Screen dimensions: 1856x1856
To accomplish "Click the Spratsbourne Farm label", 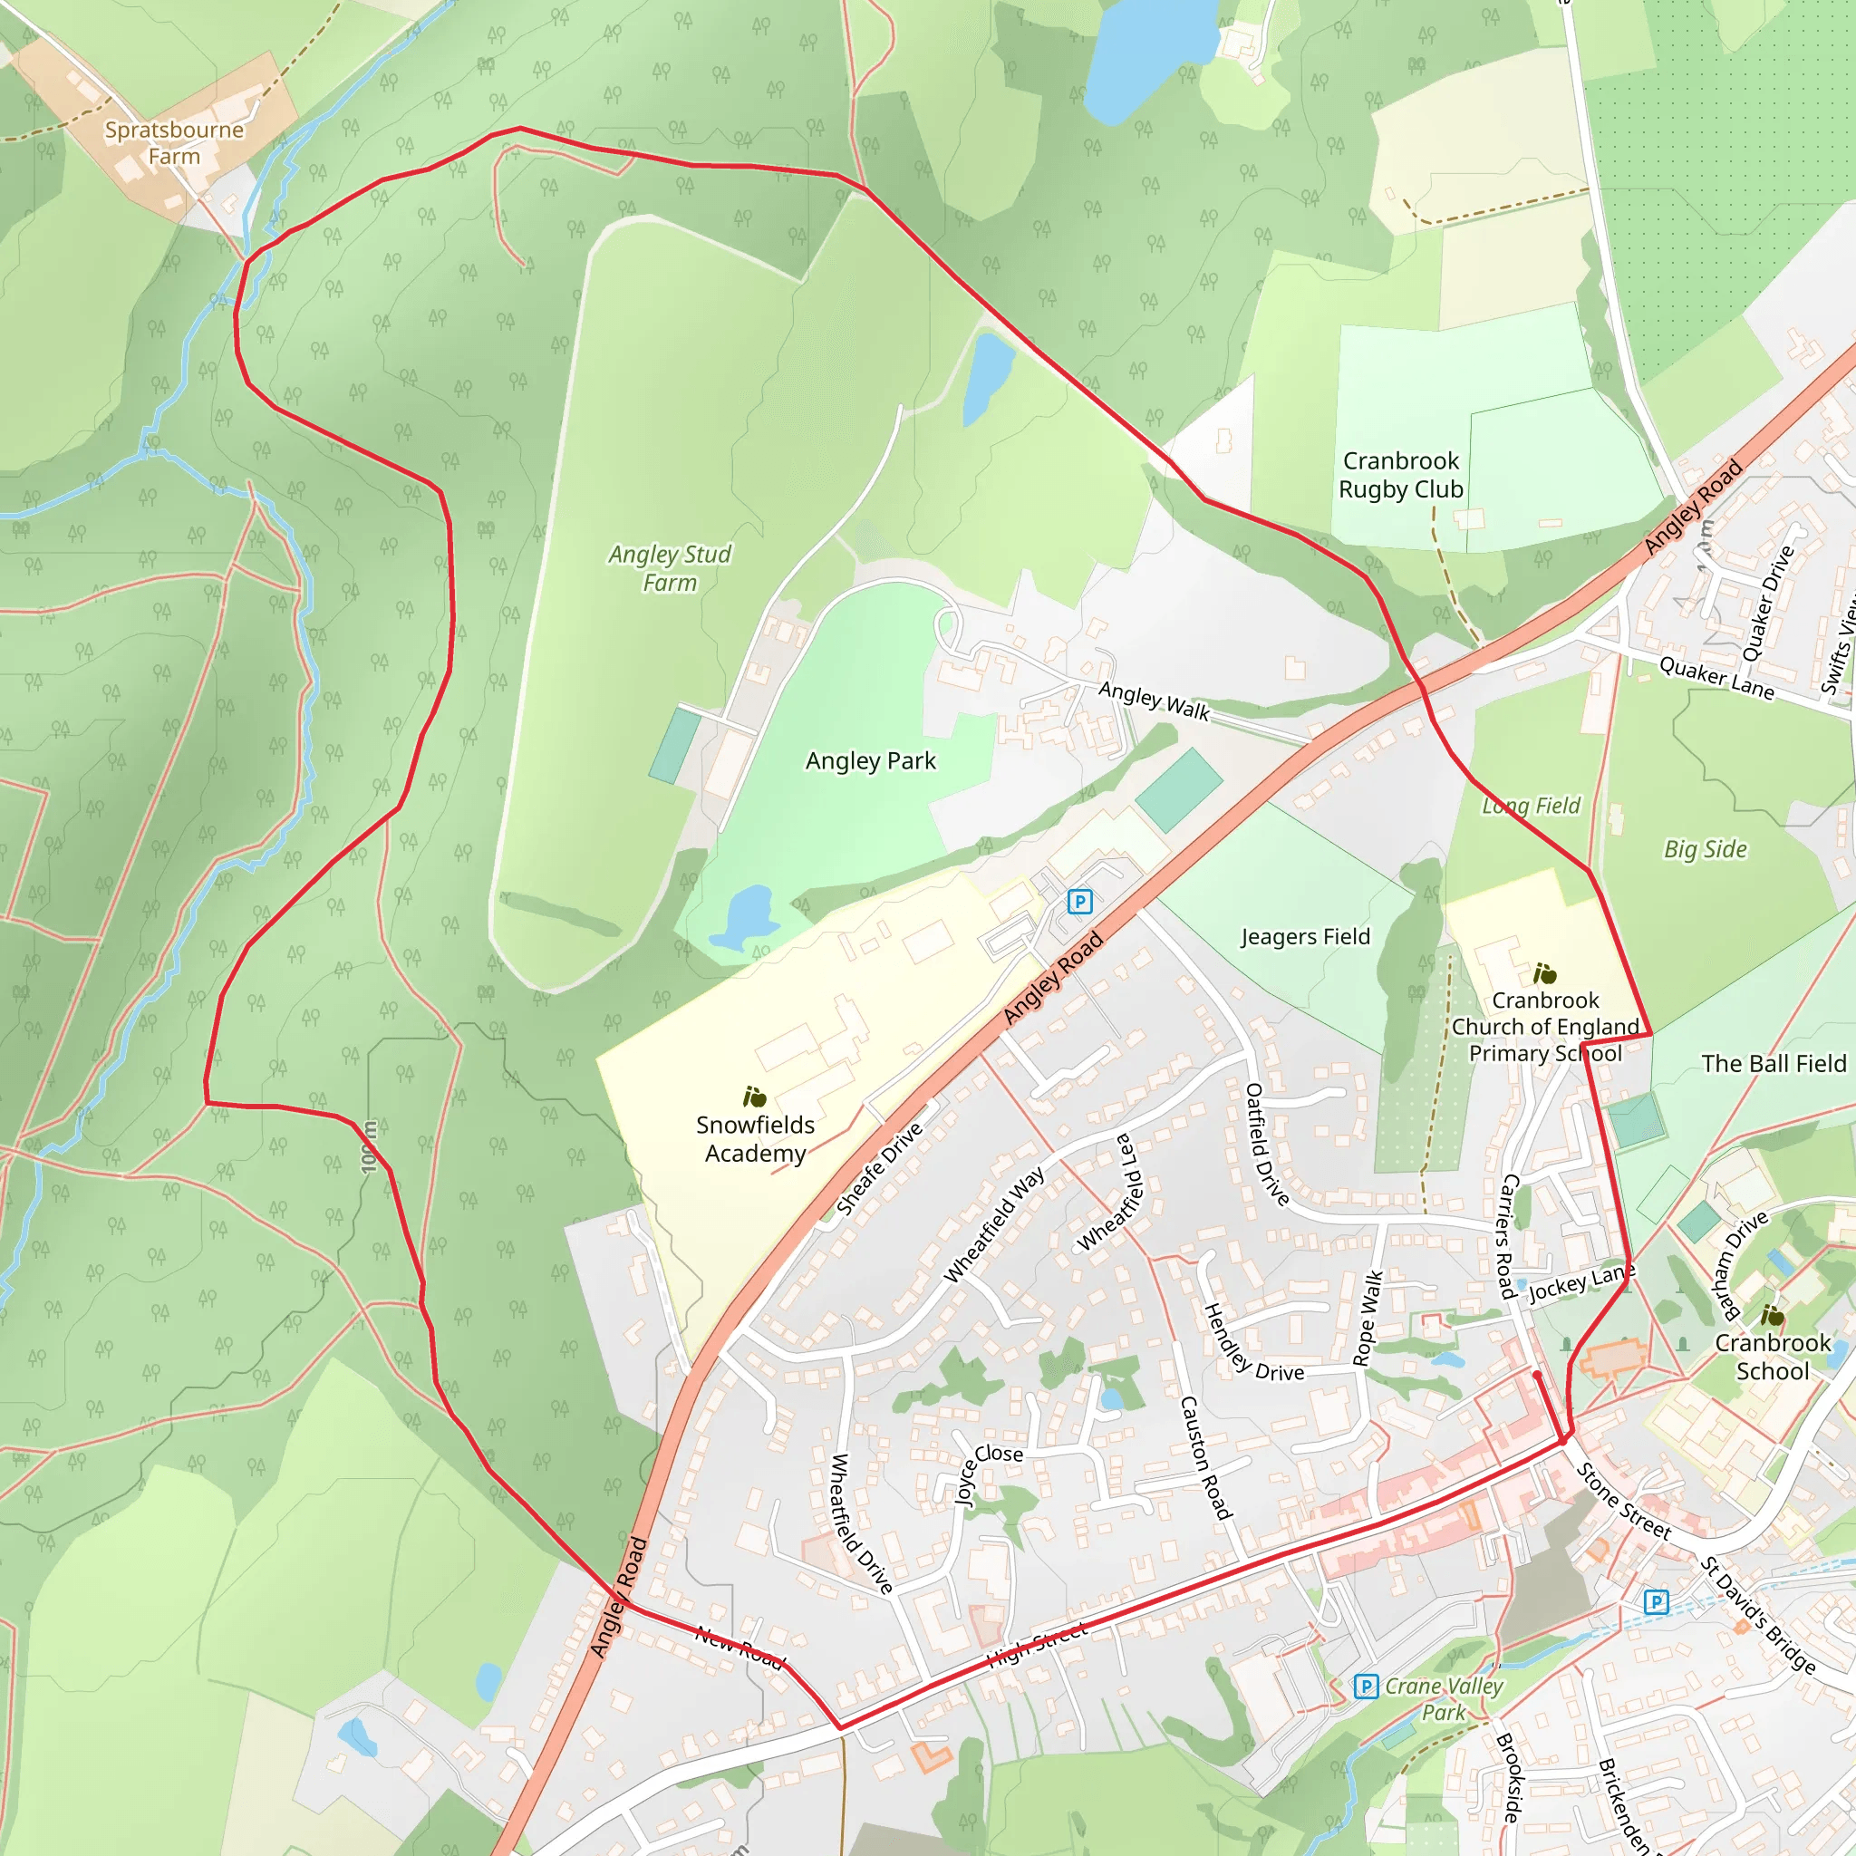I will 174,143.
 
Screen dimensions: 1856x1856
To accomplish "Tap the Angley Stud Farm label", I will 670,567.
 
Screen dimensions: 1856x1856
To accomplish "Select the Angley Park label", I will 870,761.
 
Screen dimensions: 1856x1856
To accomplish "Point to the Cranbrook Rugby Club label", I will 1401,475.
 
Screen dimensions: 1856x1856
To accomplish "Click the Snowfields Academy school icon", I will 755,1097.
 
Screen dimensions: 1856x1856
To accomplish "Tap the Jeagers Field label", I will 1306,937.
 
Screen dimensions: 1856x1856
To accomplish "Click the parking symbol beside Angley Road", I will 1079,901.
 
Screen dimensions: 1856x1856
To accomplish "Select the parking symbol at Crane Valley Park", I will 1365,1686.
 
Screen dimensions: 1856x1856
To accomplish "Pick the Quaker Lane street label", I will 1716,678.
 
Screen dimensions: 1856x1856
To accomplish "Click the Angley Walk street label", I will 1154,701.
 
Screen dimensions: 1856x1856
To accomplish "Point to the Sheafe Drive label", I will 879,1169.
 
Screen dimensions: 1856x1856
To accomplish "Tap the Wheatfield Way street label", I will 994,1225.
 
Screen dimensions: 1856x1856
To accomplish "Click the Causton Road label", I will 1205,1458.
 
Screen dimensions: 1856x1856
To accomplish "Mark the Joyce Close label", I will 989,1471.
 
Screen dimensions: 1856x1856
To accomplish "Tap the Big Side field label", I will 1706,849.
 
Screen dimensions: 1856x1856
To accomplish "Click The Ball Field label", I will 1774,1063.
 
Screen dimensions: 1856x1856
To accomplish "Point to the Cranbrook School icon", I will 1773,1315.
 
